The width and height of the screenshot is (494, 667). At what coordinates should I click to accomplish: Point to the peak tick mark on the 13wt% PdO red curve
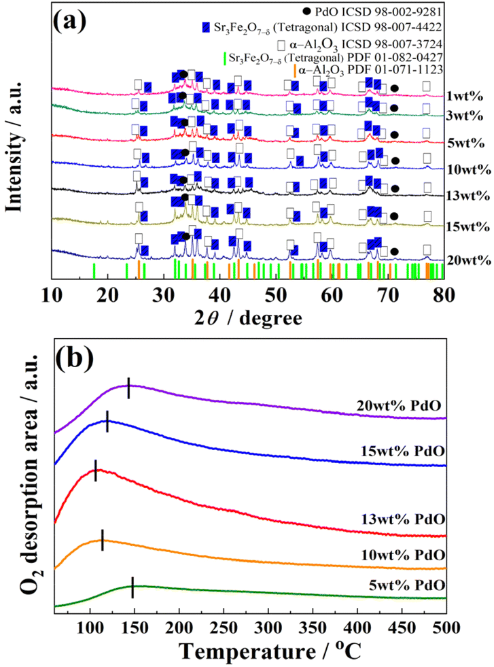tap(96, 471)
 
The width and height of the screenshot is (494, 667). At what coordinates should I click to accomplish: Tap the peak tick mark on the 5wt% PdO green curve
tap(133, 587)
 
